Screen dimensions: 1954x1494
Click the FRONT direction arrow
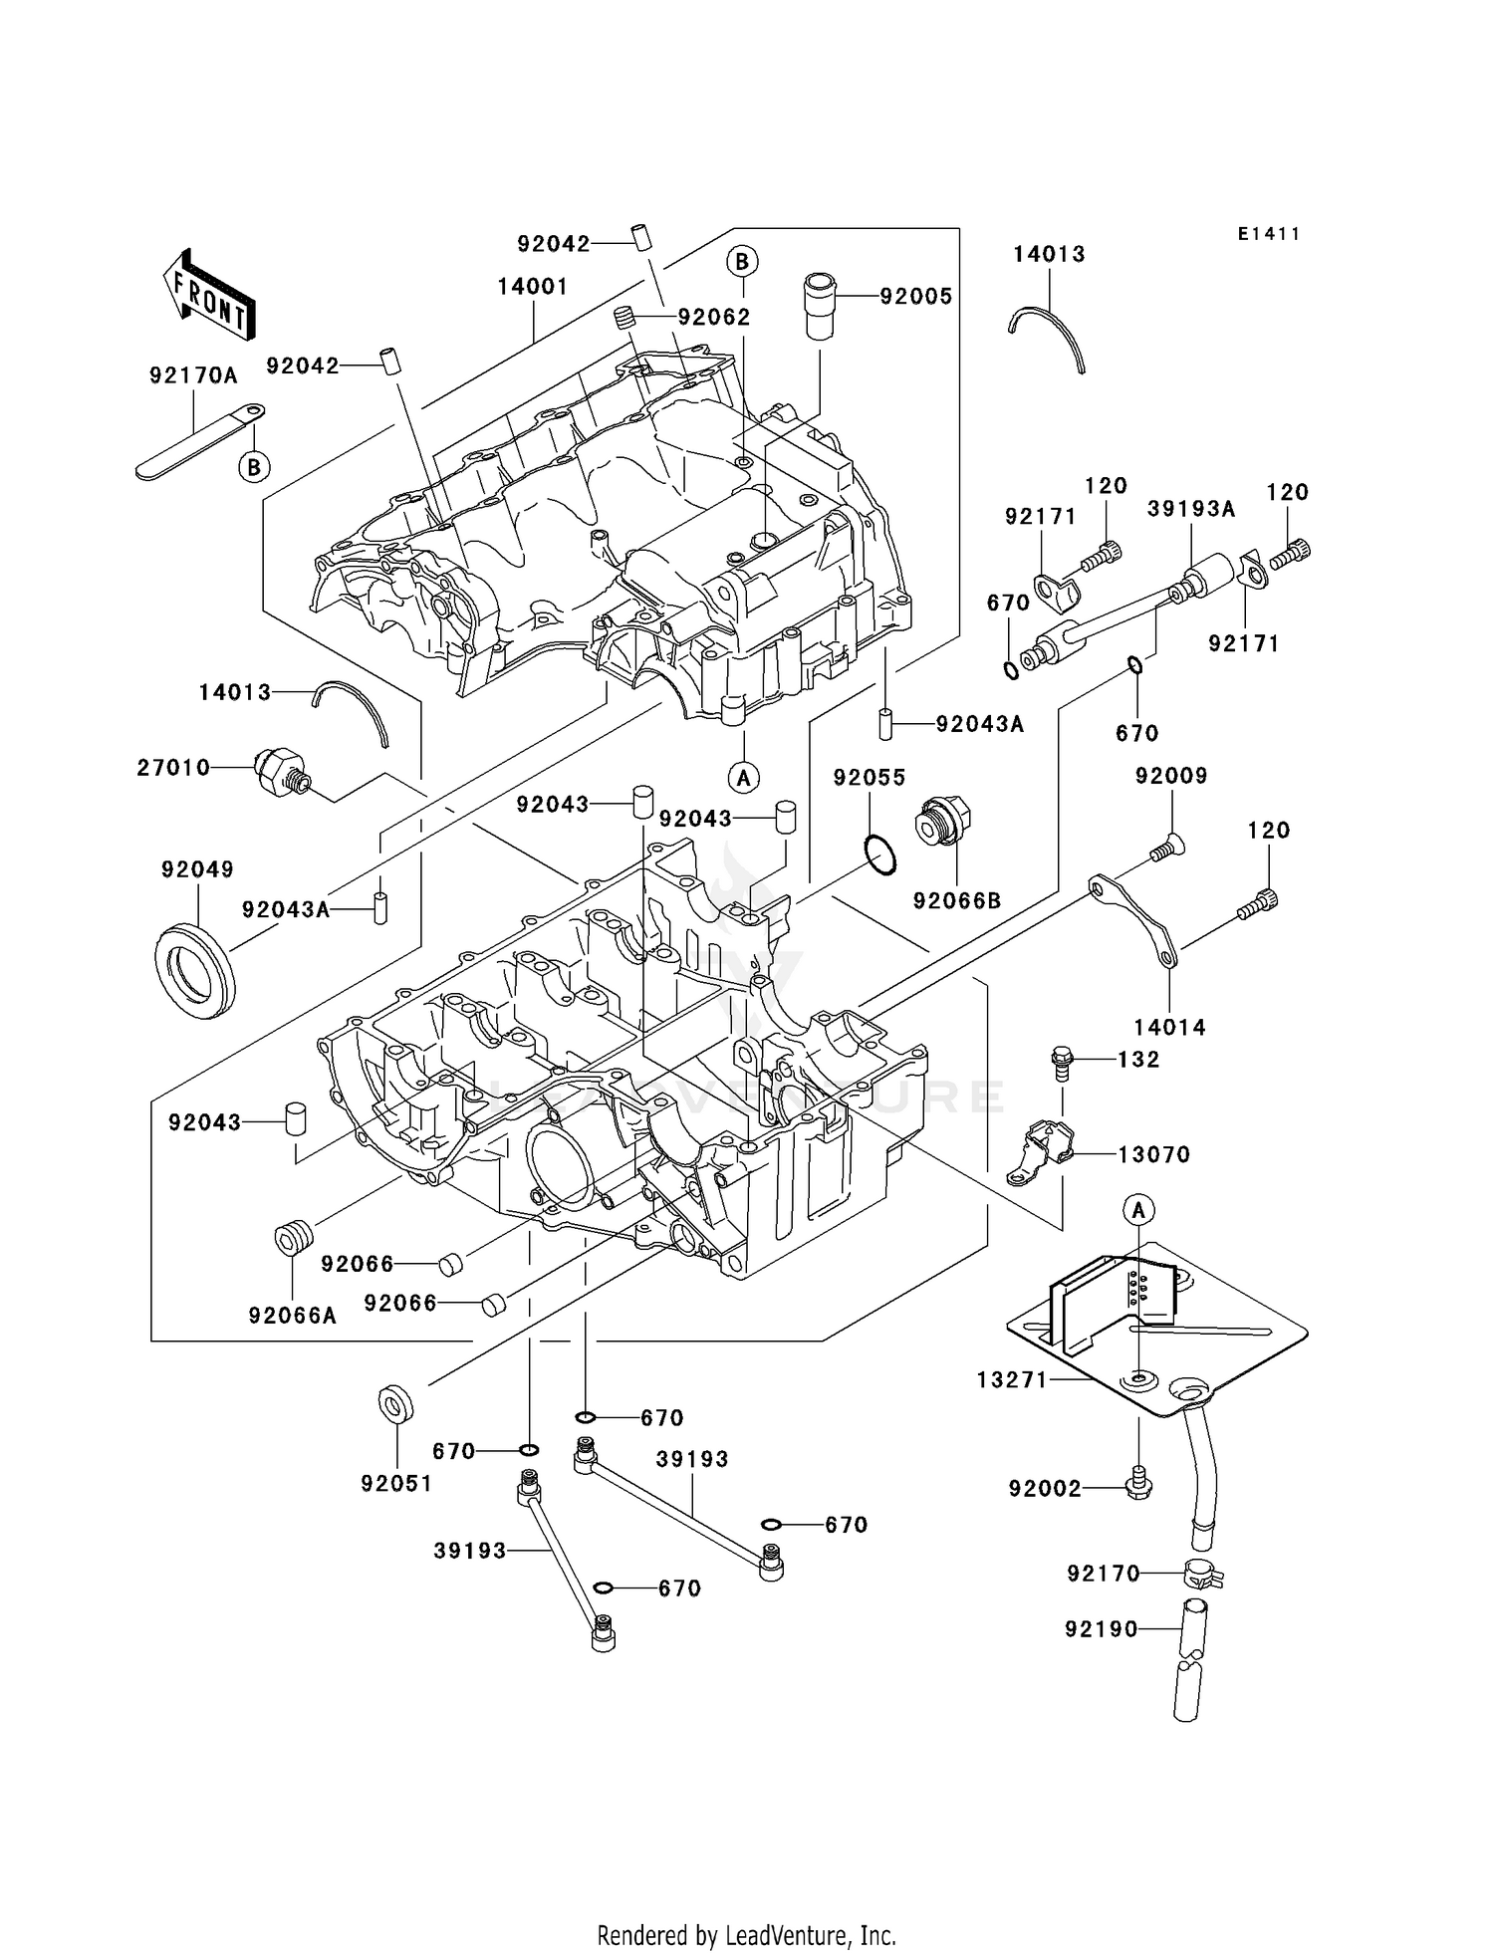[x=207, y=297]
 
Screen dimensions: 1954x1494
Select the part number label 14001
[x=533, y=287]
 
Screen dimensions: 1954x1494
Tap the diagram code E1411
[x=1269, y=234]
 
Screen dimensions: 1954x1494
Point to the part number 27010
[x=173, y=767]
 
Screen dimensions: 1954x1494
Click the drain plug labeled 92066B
[x=941, y=822]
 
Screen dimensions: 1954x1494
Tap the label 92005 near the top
[x=915, y=296]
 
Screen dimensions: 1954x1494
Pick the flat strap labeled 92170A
[x=199, y=440]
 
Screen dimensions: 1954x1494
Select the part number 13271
[x=1012, y=1379]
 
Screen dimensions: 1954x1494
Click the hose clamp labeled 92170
[x=1202, y=1575]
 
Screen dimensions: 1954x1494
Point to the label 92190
[x=1101, y=1629]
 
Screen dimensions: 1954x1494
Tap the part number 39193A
[x=1191, y=509]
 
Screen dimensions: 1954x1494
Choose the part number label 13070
[x=1153, y=1154]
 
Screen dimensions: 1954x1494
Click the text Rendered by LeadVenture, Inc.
[x=746, y=1935]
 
